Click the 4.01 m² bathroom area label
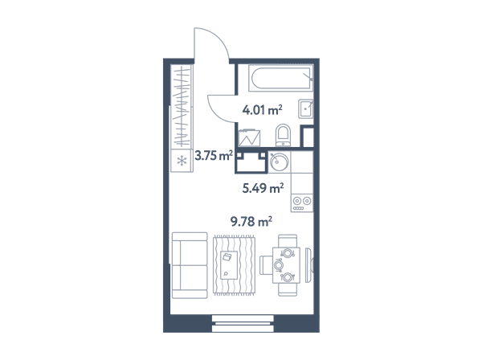[262, 110]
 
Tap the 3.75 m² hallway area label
[214, 156]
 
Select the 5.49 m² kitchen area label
[263, 188]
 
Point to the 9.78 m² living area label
[251, 221]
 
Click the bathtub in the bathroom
[280, 78]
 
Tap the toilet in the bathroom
[283, 135]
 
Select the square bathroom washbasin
[305, 108]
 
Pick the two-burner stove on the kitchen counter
[302, 202]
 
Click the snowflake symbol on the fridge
[182, 161]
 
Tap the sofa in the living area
[190, 265]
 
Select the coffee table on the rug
[229, 265]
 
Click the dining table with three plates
[286, 265]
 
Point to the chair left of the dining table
[266, 265]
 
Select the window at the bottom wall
[243, 323]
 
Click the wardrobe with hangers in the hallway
[182, 106]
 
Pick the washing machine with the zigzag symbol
[249, 137]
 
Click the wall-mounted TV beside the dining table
[308, 265]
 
